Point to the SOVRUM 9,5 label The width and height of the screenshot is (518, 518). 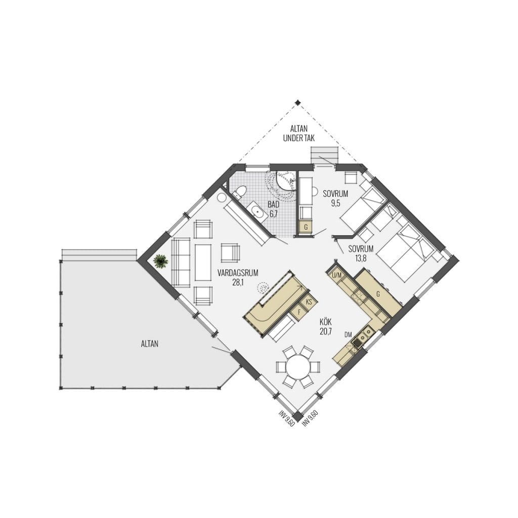click(335, 198)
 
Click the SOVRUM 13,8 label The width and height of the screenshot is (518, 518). click(361, 253)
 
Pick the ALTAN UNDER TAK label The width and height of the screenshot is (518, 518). click(298, 134)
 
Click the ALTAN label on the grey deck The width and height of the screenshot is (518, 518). click(150, 343)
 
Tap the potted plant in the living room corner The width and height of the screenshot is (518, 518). click(161, 262)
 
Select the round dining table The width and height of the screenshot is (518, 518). click(298, 367)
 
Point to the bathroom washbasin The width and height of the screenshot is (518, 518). click(257, 210)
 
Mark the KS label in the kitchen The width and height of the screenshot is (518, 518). click(309, 302)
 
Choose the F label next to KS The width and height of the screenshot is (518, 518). click(299, 312)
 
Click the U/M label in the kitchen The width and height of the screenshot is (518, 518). click(336, 275)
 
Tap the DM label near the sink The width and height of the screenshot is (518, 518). click(348, 335)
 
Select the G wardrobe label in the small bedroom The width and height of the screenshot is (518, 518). click(306, 227)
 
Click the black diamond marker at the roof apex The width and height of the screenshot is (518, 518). click(297, 102)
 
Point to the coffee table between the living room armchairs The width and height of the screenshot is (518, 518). click(203, 263)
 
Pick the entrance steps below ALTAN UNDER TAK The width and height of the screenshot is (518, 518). click(325, 155)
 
